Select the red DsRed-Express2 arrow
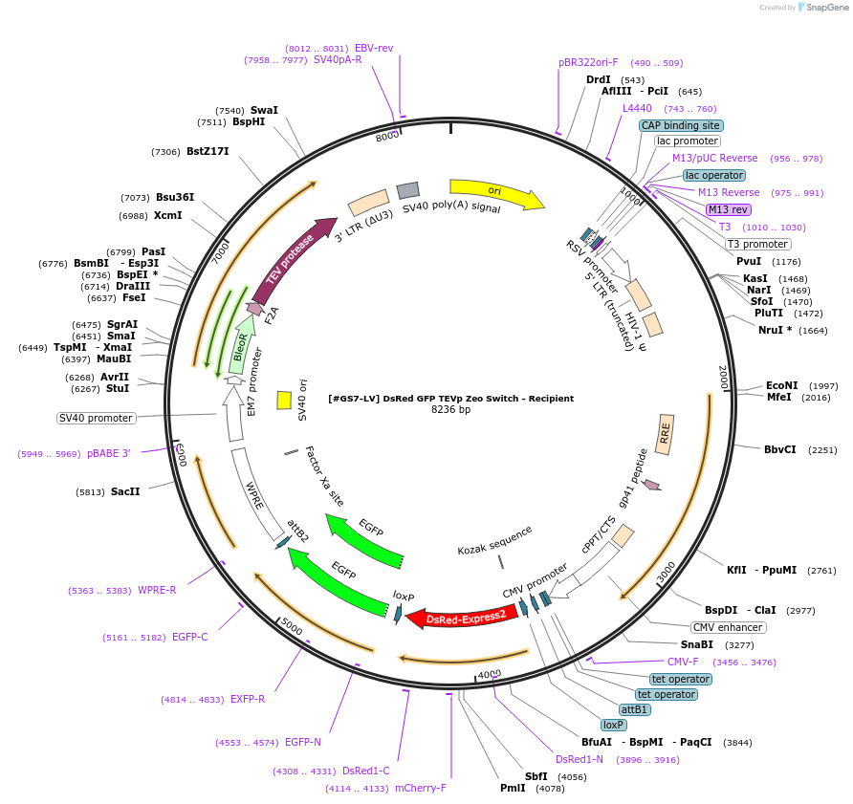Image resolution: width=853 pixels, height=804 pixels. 465,618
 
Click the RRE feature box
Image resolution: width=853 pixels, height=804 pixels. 666,433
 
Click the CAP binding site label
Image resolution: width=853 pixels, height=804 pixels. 681,125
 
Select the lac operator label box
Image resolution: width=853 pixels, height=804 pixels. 713,175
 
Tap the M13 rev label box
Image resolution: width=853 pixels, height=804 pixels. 728,209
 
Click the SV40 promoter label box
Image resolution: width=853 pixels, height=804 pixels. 96,418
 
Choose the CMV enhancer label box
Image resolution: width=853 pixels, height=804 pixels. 728,627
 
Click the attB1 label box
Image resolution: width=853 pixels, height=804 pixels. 634,709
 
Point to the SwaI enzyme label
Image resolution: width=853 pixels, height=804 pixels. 264,110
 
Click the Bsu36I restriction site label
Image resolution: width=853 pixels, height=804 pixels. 175,198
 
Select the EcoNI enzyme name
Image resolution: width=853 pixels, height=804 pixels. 781,385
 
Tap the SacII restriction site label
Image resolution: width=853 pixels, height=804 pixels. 125,491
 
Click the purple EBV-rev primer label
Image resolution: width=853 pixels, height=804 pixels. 374,48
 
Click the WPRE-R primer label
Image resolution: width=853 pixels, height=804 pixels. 157,590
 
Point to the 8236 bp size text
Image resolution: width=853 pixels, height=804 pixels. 451,409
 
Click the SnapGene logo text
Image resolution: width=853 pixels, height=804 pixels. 826,7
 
